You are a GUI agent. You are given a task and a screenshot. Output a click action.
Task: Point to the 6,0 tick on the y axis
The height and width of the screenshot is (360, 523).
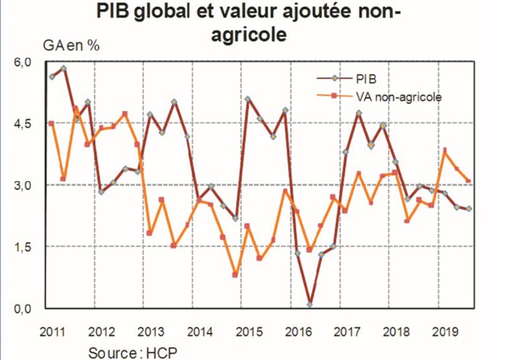[23, 62]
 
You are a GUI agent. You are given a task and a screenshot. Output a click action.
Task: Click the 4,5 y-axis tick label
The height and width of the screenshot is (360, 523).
[23, 124]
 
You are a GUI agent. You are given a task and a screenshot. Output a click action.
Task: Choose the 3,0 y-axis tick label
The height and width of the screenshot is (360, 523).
[23, 185]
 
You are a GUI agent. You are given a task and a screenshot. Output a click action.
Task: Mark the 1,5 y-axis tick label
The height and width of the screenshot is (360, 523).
[23, 247]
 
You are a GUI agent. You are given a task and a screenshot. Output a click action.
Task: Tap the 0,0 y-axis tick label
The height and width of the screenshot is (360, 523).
[23, 309]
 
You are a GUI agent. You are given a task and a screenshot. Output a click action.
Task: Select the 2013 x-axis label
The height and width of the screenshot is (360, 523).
[149, 333]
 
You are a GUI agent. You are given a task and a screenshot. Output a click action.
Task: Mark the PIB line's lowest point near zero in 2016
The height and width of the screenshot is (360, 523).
[310, 304]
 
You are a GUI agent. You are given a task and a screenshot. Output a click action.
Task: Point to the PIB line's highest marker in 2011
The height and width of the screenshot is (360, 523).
[64, 69]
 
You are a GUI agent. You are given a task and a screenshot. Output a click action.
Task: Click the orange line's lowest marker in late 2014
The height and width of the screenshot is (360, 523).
[235, 275]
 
